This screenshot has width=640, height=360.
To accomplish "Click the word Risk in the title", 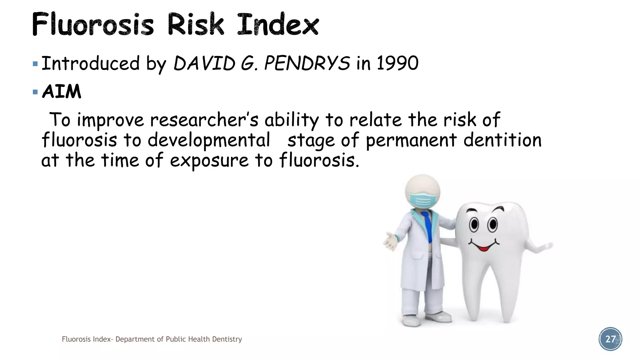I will [196, 24].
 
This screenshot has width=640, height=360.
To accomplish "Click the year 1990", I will [397, 63].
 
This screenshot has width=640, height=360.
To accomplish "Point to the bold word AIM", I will [62, 92].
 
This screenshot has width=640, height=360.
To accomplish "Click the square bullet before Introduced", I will [35, 64].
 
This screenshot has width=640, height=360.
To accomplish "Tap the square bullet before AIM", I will [35, 92].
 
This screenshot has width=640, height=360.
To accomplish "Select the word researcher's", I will [204, 120].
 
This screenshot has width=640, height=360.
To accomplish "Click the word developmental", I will [208, 140].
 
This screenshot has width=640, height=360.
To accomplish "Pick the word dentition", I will [502, 140].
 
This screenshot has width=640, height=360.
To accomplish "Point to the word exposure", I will [209, 161].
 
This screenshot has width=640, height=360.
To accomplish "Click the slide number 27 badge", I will [610, 339].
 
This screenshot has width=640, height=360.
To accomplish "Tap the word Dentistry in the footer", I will [227, 339].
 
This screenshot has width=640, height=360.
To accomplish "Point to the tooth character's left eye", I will [474, 224].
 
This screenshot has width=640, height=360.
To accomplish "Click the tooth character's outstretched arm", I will [539, 247].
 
